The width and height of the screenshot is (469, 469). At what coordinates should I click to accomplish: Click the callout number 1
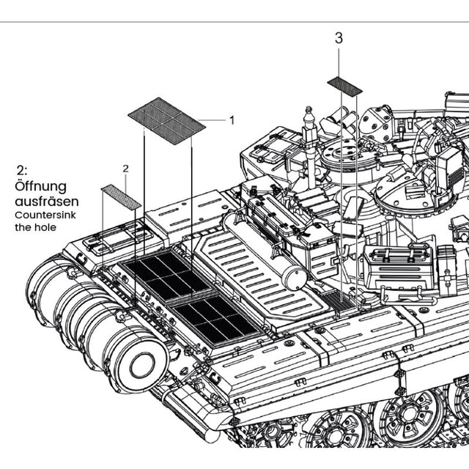(x=232, y=119)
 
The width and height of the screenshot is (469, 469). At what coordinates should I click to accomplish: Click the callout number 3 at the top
(x=338, y=38)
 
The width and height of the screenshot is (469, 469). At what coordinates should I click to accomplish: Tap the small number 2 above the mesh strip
(x=125, y=169)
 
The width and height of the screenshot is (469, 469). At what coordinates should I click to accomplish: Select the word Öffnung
(x=40, y=186)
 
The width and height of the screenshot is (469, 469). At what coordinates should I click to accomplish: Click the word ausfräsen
(x=47, y=201)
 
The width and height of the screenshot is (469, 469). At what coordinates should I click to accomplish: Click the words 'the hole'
(x=34, y=227)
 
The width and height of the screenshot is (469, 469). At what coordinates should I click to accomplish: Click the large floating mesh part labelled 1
(x=166, y=119)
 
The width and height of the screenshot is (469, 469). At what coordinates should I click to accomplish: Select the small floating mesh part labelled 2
(x=121, y=196)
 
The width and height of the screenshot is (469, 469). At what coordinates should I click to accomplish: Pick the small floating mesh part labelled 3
(x=344, y=86)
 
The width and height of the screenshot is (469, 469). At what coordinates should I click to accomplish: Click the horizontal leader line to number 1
(x=212, y=119)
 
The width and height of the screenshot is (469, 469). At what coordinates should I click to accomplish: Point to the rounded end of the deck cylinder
(x=295, y=276)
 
